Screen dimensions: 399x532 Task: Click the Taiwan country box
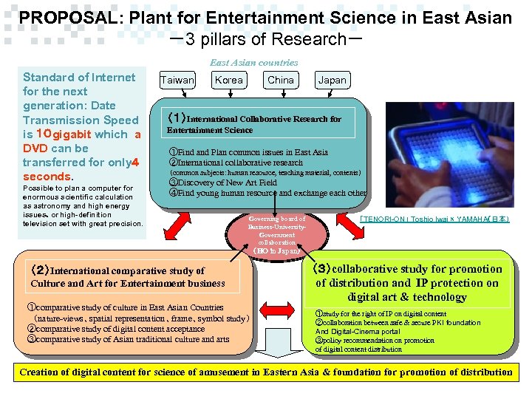coord(177,81)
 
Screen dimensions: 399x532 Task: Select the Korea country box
coord(229,80)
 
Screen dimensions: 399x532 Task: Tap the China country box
coord(280,80)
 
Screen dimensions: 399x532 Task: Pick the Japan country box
coord(331,81)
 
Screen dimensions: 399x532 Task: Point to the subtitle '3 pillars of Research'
coord(265,39)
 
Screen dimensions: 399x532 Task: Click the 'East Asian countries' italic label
coord(253,63)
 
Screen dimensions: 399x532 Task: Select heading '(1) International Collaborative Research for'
coord(254,118)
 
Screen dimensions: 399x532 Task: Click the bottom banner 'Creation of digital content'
coord(265,372)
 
